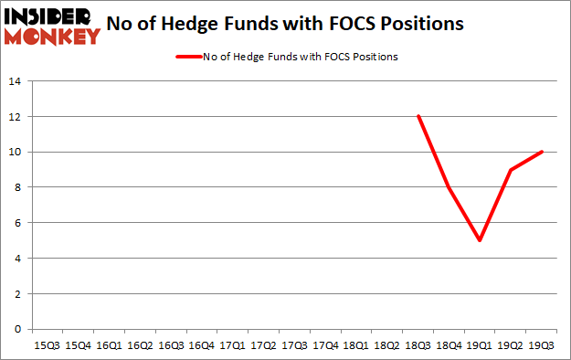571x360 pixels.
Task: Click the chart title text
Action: tap(297, 24)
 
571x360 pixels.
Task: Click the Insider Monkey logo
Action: tap(51, 26)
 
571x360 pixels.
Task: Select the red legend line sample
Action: tap(187, 57)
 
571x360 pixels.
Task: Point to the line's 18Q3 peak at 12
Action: tap(418, 116)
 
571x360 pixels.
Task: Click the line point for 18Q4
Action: tap(449, 187)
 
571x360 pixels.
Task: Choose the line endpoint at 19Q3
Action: tap(543, 152)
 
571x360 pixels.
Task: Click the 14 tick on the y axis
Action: tap(16, 81)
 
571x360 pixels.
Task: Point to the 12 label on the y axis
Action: tap(16, 117)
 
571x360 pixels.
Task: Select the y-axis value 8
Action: tap(18, 187)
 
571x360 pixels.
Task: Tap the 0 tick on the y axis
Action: tap(18, 329)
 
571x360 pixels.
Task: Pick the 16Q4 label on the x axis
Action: tap(201, 345)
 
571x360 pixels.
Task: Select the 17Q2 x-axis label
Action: tap(263, 345)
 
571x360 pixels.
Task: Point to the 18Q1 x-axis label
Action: tap(356, 345)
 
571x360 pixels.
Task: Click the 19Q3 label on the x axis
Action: tap(543, 345)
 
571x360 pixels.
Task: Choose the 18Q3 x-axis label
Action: tap(418, 345)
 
